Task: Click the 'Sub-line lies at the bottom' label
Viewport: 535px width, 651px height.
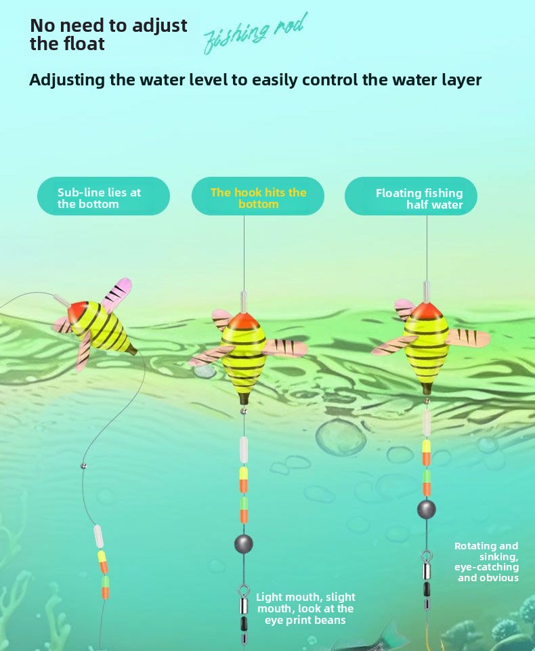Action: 103,197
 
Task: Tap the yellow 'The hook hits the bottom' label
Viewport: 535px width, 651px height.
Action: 258,197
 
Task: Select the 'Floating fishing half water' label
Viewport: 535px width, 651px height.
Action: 412,198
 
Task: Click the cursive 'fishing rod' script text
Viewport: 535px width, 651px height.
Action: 255,33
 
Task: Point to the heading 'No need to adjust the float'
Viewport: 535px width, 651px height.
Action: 108,35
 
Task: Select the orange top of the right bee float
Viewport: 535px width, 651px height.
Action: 426,312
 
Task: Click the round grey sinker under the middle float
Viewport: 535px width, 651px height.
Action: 243,543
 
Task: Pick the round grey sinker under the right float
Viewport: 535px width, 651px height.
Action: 426,509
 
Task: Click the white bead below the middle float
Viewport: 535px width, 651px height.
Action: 243,449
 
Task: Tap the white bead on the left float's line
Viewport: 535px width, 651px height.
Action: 98,536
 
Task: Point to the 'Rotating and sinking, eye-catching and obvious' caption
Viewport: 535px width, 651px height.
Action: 486,562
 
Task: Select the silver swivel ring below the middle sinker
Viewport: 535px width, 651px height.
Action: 243,591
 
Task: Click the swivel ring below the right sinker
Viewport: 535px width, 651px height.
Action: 427,556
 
